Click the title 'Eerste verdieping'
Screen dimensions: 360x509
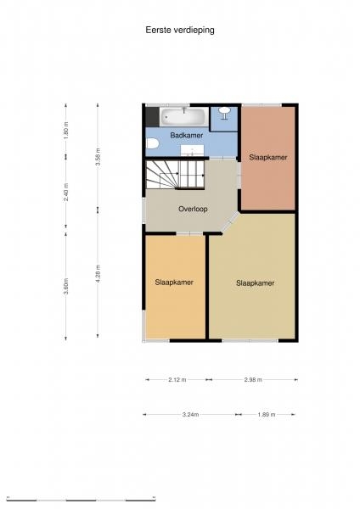click(180, 31)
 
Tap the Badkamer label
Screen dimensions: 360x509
click(187, 135)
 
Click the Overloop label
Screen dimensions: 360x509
click(193, 209)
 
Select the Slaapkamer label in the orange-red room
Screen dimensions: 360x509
click(268, 158)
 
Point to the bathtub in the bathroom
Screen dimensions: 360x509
click(184, 116)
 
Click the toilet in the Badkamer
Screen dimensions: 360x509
click(151, 143)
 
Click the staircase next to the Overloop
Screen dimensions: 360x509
click(175, 174)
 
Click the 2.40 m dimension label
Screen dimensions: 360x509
click(66, 192)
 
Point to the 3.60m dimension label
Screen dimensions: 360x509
click(66, 286)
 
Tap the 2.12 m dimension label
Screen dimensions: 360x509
click(177, 379)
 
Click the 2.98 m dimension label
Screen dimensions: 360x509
click(253, 379)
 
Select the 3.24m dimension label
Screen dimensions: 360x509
click(190, 415)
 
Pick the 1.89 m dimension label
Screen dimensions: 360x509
click(267, 415)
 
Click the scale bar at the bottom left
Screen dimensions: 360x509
click(81, 500)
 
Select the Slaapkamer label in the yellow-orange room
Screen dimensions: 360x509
click(174, 282)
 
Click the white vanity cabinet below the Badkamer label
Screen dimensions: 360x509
click(192, 150)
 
